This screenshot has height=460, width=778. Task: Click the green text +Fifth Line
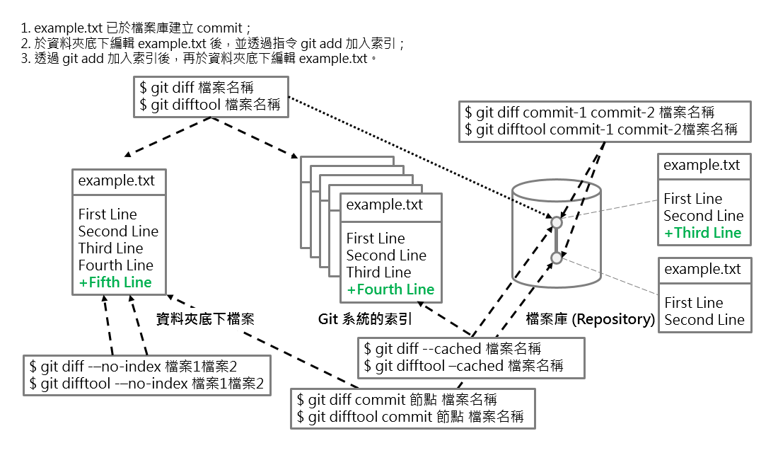[x=115, y=282]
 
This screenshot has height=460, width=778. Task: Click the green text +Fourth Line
[x=390, y=289]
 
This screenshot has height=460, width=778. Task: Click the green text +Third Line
[x=702, y=233]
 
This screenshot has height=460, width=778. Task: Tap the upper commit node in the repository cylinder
[x=557, y=223]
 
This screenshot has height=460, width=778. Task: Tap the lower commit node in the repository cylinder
[x=557, y=258]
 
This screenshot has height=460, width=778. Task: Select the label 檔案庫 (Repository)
[x=590, y=320]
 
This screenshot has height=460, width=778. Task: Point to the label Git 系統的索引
[x=365, y=320]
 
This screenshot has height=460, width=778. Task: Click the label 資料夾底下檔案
[x=204, y=320]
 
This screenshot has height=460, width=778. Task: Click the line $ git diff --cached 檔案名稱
[x=453, y=348]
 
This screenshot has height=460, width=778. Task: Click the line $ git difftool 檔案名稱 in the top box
[x=210, y=105]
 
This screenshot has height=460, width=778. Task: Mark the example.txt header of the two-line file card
[x=703, y=270]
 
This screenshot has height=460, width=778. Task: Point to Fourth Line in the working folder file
[x=116, y=265]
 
